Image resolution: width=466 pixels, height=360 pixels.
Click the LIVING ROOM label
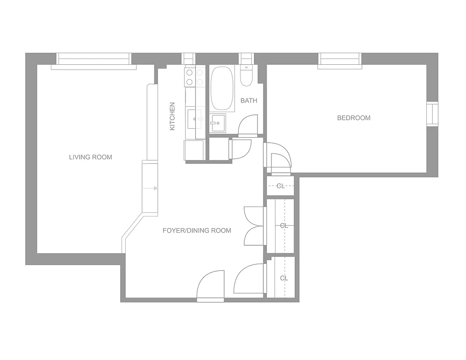(x=90, y=157)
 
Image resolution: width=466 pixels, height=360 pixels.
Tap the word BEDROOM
(x=353, y=118)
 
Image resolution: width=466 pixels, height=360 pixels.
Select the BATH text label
(x=249, y=100)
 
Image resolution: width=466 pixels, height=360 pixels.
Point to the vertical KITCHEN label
(x=172, y=117)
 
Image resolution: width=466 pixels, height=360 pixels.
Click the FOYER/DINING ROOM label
(x=197, y=230)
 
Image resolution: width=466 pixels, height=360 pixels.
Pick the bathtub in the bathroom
(x=222, y=89)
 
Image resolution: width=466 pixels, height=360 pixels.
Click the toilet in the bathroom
(x=246, y=76)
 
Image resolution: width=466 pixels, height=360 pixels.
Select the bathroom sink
(x=217, y=123)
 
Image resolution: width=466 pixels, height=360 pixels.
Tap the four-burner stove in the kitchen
(x=195, y=77)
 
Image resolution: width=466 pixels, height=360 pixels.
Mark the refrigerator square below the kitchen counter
(x=194, y=150)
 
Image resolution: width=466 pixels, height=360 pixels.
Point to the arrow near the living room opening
(x=155, y=188)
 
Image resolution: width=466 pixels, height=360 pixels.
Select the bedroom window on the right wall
(x=432, y=114)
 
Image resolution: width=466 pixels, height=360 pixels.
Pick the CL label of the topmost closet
(x=281, y=186)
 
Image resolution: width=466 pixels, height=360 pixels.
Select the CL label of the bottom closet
(x=284, y=278)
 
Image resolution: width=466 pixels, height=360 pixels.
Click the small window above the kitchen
(x=189, y=59)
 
